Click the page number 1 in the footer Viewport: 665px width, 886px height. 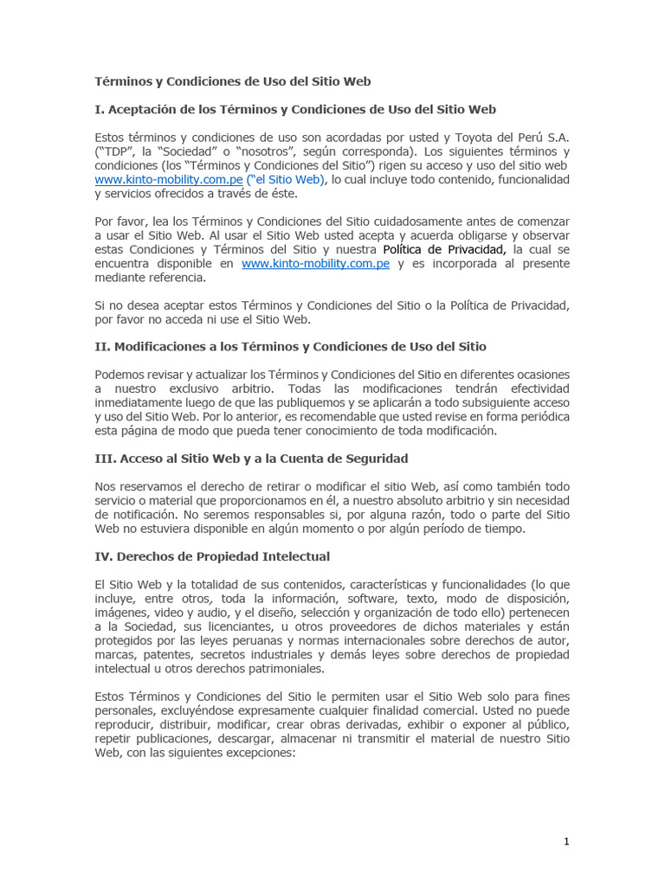pos(566,841)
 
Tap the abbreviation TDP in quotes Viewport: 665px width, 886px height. pos(117,151)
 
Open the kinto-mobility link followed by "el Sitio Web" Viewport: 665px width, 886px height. pos(168,179)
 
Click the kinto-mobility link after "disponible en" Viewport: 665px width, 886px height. pos(315,263)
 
